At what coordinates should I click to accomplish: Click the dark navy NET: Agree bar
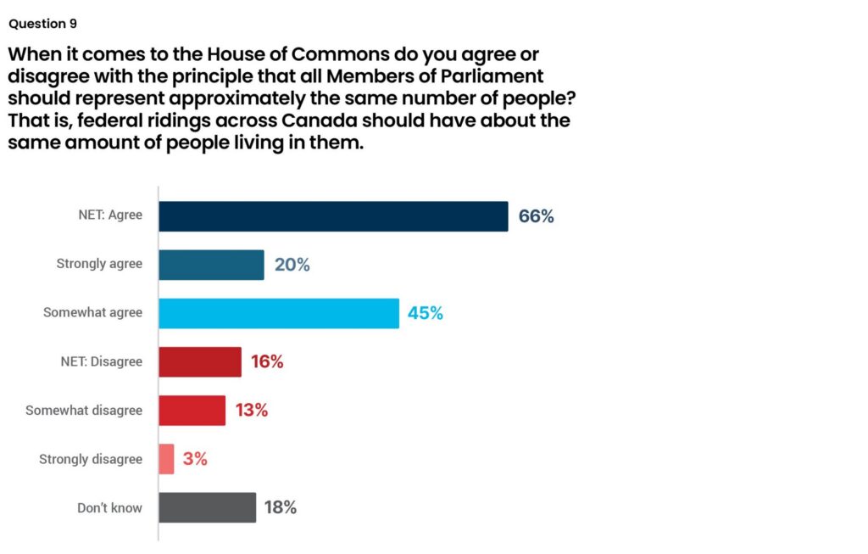pyautogui.click(x=333, y=216)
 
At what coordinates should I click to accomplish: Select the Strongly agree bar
pyautogui.click(x=211, y=265)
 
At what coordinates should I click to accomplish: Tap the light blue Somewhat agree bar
pyautogui.click(x=279, y=313)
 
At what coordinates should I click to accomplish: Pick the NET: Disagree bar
pyautogui.click(x=200, y=362)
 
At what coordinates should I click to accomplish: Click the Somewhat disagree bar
pyautogui.click(x=192, y=411)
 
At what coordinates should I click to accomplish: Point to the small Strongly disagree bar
pyautogui.click(x=166, y=459)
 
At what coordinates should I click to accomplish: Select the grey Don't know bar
pyautogui.click(x=207, y=507)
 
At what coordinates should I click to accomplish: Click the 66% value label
pyautogui.click(x=536, y=216)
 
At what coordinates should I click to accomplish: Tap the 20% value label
pyautogui.click(x=292, y=265)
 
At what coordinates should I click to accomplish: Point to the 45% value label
pyautogui.click(x=426, y=313)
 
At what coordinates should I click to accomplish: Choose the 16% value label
pyautogui.click(x=267, y=362)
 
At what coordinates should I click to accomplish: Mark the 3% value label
pyautogui.click(x=195, y=459)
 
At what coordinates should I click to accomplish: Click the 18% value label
pyautogui.click(x=280, y=507)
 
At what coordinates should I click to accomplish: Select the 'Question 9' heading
pyautogui.click(x=42, y=24)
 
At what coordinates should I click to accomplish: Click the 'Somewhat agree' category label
pyautogui.click(x=93, y=313)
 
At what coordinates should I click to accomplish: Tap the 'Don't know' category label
pyautogui.click(x=109, y=507)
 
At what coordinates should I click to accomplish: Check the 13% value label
pyautogui.click(x=252, y=411)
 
